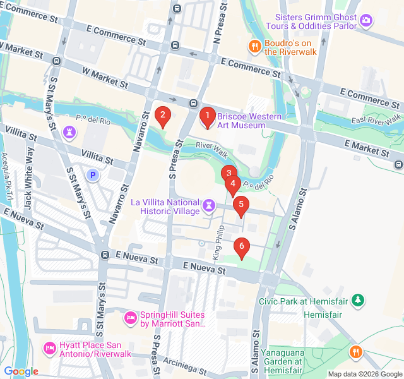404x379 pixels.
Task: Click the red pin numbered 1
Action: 206,116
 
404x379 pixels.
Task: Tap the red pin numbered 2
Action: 163,116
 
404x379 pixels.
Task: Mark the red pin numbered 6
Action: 241,247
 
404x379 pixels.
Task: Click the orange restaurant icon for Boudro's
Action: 254,45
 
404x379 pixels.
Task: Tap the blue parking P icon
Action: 93,175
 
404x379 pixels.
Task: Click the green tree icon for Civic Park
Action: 358,299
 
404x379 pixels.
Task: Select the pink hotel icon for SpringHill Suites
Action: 130,316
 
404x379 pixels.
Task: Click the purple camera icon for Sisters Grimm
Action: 366,21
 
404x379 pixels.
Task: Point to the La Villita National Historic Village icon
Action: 209,205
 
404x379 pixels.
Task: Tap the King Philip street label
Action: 218,243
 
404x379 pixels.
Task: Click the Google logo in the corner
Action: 21,371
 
